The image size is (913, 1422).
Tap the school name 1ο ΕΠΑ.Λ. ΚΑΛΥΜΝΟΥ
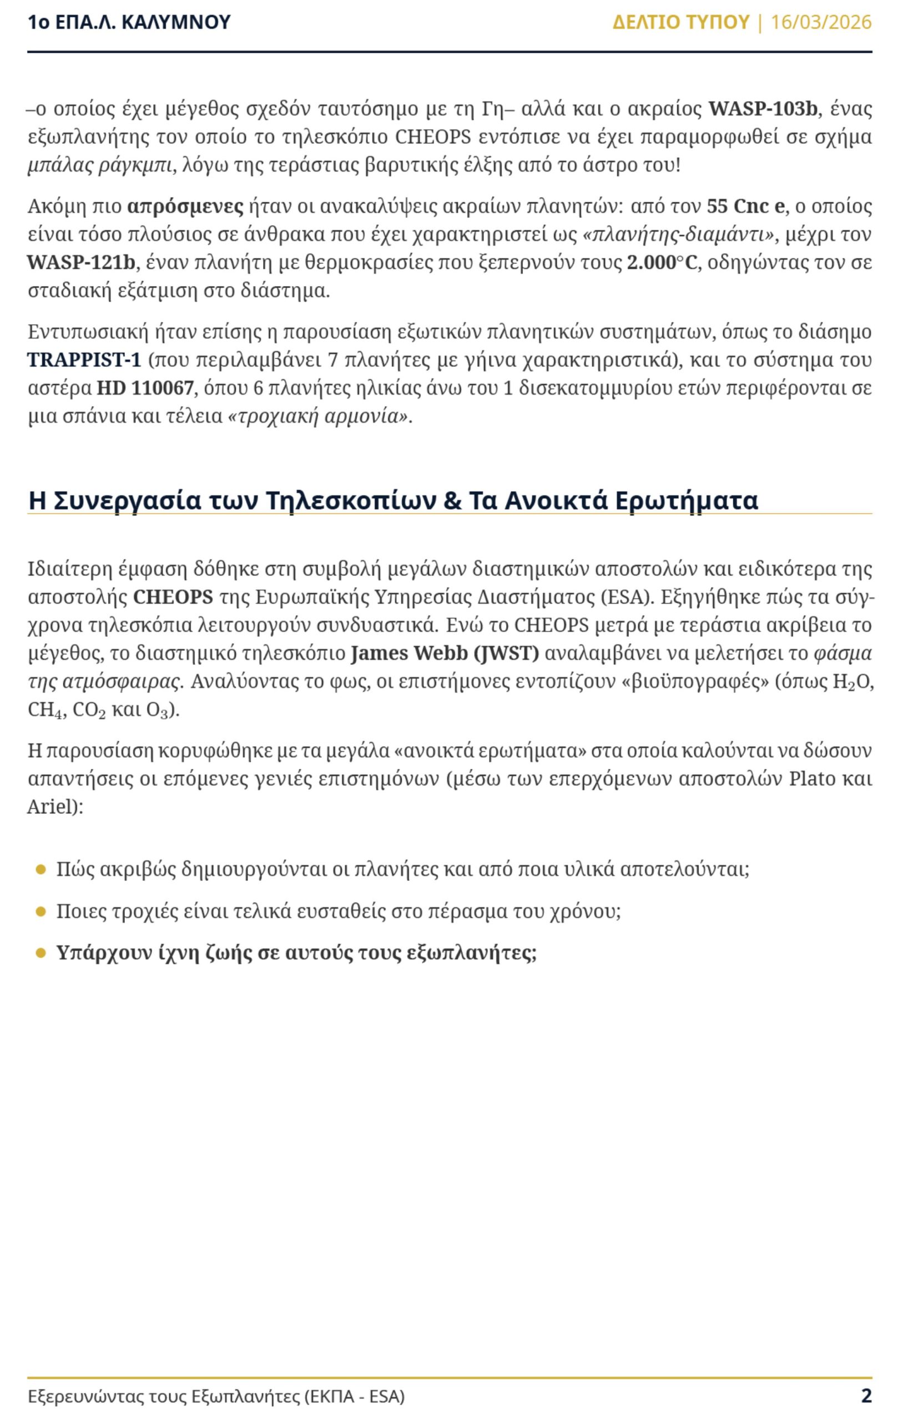coord(129,23)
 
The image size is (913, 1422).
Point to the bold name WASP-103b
coord(763,109)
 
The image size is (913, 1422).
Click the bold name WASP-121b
coord(81,262)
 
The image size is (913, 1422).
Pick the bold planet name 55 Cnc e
coord(745,207)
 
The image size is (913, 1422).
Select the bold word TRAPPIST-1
coord(84,360)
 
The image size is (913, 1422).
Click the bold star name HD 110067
coord(145,388)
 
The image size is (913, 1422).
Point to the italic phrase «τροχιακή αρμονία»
coord(319,417)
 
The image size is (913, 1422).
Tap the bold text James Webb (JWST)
coord(445,653)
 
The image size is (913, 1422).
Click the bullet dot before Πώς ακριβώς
coord(41,870)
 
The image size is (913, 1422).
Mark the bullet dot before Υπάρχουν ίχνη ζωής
coord(41,953)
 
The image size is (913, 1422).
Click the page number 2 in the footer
coord(866,1396)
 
